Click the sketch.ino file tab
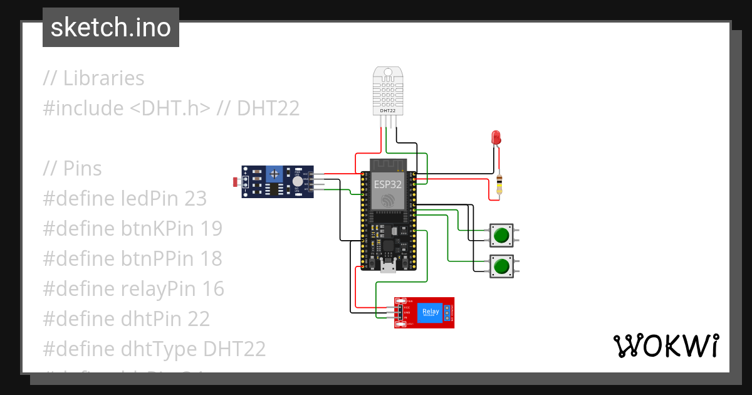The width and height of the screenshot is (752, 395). coord(110,28)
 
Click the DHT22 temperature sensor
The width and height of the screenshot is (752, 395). coord(389,92)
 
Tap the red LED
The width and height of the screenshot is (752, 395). coord(496,137)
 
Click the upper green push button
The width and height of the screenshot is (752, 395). coord(501,236)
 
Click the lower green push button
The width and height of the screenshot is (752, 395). coord(501,267)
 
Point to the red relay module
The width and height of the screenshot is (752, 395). coord(424,312)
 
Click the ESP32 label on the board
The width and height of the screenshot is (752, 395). coord(388,184)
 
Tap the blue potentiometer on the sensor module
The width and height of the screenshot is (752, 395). coord(273,173)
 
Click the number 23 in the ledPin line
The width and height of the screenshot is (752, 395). coord(196,199)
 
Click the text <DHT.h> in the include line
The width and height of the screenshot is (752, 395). coord(170,108)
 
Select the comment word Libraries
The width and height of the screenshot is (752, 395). coord(103,78)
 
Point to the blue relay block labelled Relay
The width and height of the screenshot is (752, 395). coord(431,312)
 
